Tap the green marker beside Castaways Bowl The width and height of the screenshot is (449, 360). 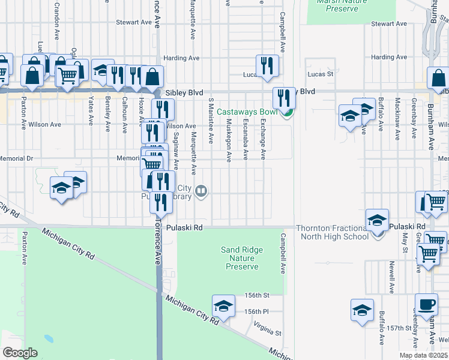pyautogui.click(x=288, y=113)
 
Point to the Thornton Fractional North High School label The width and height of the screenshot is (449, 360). pyautogui.click(x=332, y=232)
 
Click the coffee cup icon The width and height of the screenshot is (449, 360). pyautogui.click(x=427, y=304)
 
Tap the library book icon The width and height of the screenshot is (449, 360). pyautogui.click(x=202, y=191)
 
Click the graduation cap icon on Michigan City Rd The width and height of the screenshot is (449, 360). pyautogui.click(x=223, y=307)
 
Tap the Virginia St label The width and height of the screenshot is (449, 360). pyautogui.click(x=267, y=329)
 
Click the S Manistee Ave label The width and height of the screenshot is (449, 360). pyautogui.click(x=211, y=121)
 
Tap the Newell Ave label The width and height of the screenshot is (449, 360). pyautogui.click(x=391, y=277)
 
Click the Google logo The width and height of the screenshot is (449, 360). pyautogui.click(x=20, y=353)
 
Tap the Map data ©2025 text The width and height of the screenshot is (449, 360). pyautogui.click(x=422, y=355)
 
